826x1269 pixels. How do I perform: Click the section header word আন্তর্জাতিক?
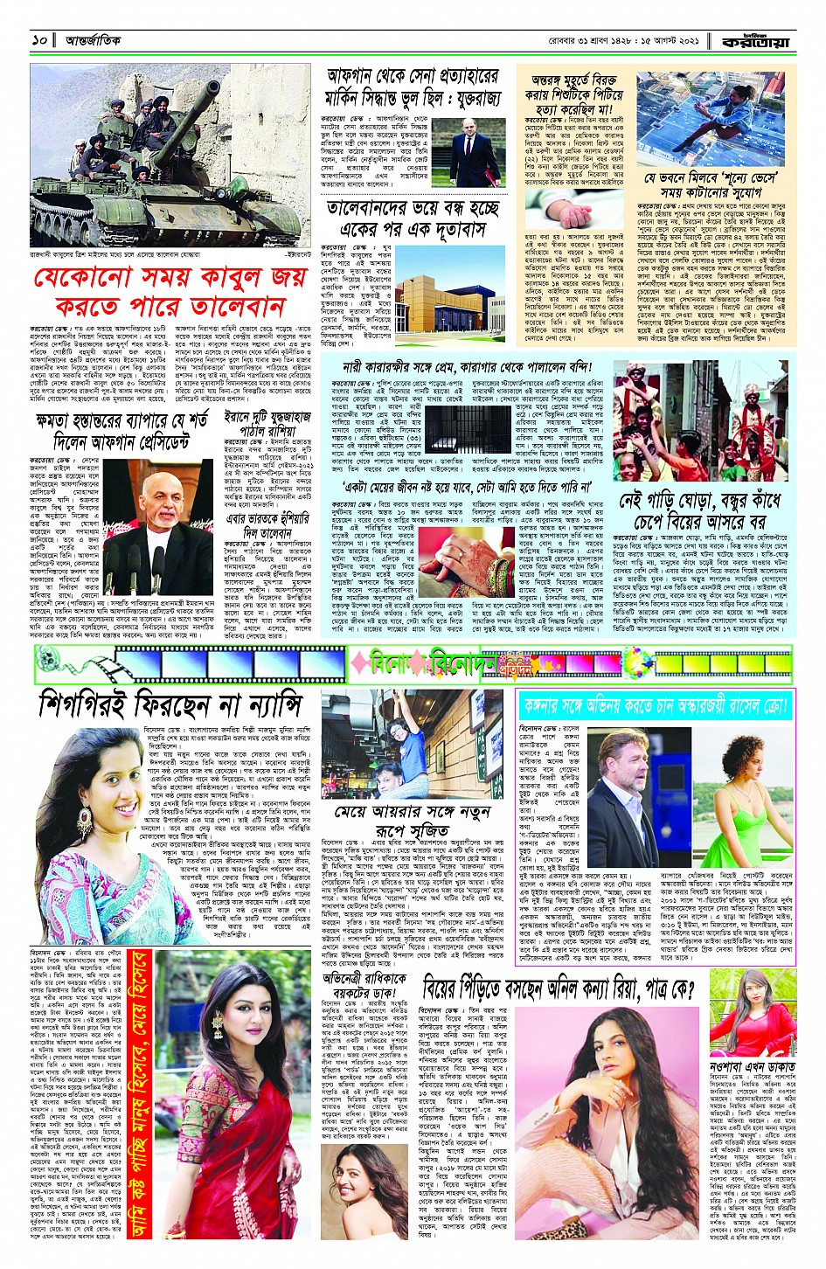(x=93, y=40)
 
